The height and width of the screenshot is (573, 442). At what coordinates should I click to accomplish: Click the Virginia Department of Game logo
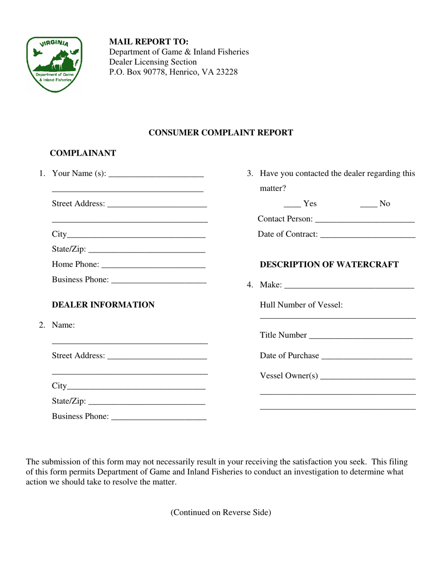point(54,64)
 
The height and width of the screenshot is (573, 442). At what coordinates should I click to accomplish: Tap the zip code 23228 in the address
point(227,72)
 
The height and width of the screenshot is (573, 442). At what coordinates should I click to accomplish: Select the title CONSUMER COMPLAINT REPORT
point(221,133)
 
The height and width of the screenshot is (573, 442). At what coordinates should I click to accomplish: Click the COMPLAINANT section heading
point(83,153)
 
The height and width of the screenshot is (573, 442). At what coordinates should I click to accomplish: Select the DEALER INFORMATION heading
point(103,305)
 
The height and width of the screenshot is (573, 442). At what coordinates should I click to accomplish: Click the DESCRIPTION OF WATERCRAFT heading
point(329,265)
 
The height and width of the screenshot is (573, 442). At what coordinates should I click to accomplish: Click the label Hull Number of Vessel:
point(301,305)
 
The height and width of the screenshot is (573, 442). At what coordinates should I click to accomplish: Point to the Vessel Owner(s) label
point(289,376)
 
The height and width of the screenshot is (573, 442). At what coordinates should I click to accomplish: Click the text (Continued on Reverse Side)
point(221,512)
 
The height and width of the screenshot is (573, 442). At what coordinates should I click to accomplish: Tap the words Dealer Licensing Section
point(153,62)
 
